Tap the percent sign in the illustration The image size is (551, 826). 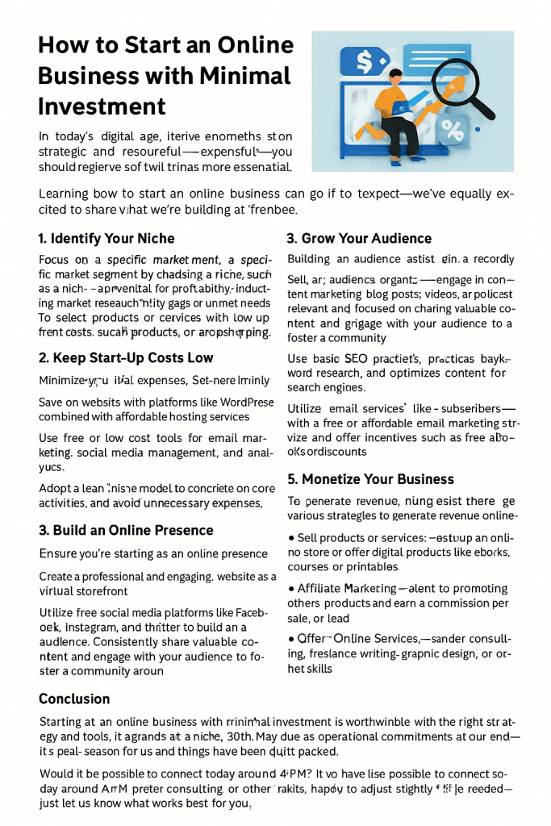point(452,128)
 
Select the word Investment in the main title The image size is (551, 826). point(102,106)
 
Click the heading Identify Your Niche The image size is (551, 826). point(106,238)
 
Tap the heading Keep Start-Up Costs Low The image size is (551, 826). point(126,357)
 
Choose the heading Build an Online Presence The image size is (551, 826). point(126,530)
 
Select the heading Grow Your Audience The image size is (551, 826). point(359,238)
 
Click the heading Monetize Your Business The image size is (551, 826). point(370,478)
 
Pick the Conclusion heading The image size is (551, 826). point(74,699)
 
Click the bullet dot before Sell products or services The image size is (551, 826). point(290,537)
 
